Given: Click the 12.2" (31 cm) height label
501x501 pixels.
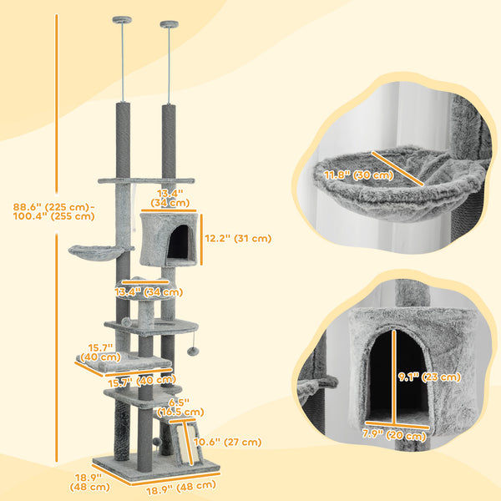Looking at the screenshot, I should click(x=237, y=238).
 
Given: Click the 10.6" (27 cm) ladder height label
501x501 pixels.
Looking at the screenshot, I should click(x=227, y=443).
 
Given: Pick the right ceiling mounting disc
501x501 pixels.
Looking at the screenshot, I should click(x=170, y=23).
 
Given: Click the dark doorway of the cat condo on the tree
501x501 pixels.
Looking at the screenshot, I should click(x=178, y=241).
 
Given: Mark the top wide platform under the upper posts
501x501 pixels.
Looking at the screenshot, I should click(x=145, y=180).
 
